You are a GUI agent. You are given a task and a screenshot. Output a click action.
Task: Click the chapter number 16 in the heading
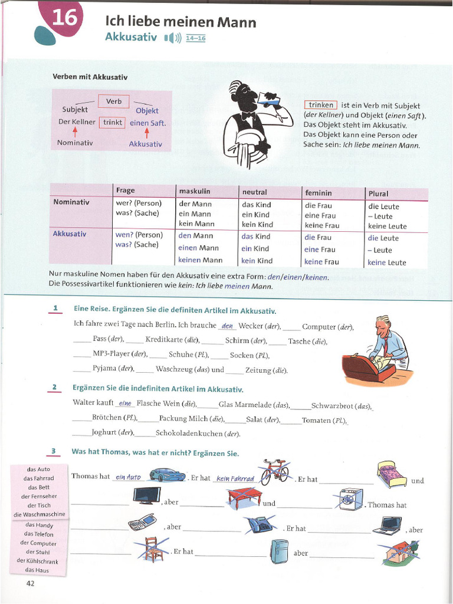[64, 19]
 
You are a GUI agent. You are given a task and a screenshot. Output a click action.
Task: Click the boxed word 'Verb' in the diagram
[114, 101]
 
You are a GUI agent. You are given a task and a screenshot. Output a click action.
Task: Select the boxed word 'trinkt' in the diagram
[113, 123]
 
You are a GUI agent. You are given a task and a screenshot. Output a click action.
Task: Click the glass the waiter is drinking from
[271, 101]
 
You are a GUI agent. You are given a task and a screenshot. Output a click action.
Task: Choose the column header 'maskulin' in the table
[195, 191]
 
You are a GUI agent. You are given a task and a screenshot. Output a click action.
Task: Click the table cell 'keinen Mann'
[201, 260]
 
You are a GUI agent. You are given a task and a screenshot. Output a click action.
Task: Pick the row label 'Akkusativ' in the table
[70, 234]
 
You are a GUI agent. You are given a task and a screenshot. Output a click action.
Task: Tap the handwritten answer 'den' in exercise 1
[227, 326]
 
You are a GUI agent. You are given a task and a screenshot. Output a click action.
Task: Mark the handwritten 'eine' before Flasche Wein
[124, 404]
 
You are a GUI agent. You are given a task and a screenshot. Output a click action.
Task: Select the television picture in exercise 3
[147, 495]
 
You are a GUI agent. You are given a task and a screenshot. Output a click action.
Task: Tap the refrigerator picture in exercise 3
[279, 552]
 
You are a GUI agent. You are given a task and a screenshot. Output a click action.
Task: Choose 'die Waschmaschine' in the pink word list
[39, 514]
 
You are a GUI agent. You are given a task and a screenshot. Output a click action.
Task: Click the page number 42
[31, 583]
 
